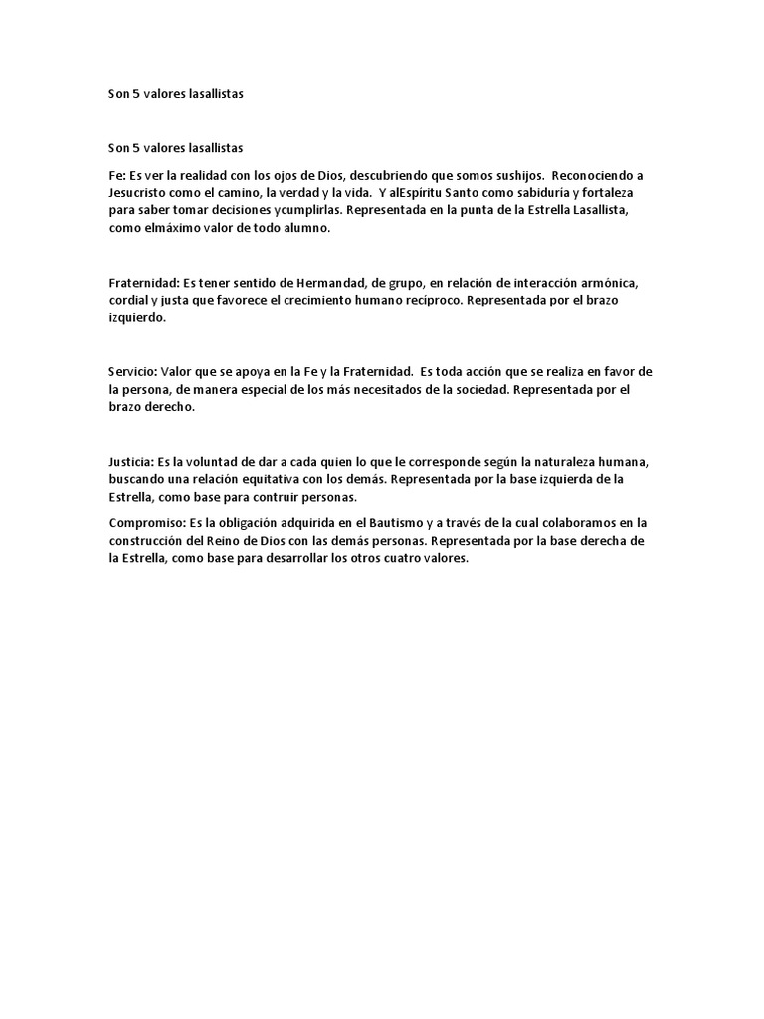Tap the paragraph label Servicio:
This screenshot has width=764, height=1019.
tap(133, 372)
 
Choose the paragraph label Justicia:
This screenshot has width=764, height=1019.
tap(132, 462)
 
